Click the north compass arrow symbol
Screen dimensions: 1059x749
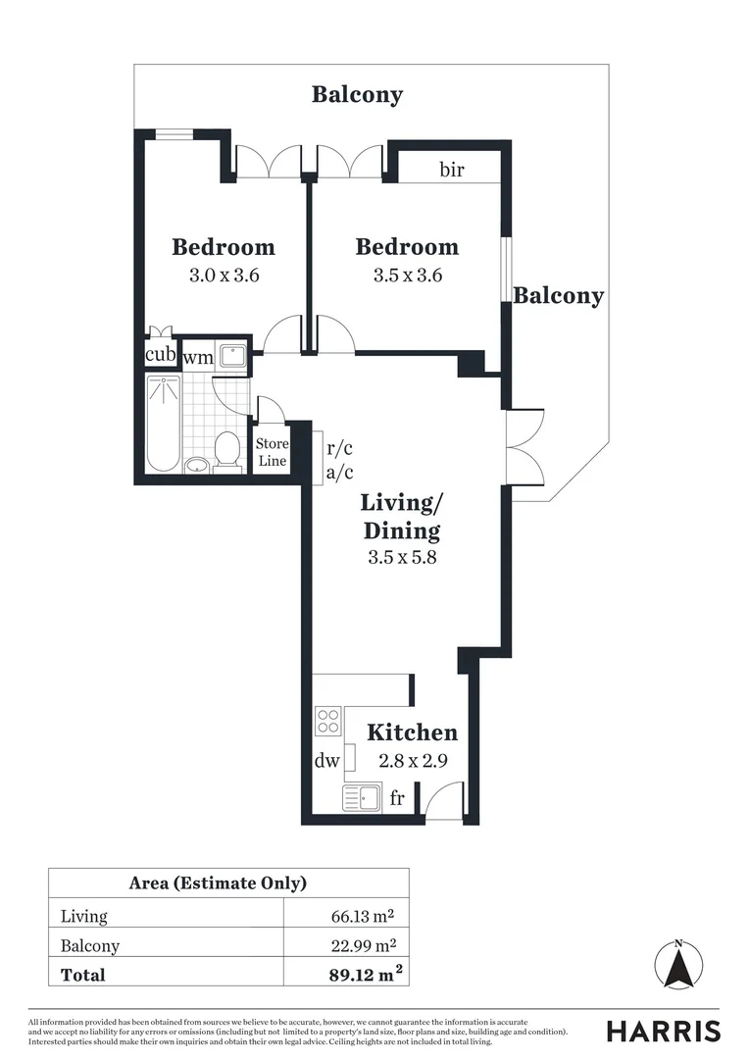(x=677, y=966)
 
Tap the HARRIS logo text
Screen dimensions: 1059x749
(x=663, y=1031)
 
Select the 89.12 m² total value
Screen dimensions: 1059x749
(x=368, y=975)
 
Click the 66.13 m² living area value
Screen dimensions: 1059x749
(x=364, y=916)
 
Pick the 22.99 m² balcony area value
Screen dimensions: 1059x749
(x=364, y=945)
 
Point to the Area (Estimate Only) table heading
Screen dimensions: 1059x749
(x=218, y=882)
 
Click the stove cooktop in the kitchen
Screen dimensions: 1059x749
(x=327, y=722)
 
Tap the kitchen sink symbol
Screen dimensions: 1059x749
(x=361, y=797)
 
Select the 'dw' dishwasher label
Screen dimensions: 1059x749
(x=327, y=761)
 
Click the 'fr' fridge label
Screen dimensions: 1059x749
(x=397, y=798)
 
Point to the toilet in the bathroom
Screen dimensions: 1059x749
(x=227, y=451)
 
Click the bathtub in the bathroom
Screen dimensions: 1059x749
(x=163, y=426)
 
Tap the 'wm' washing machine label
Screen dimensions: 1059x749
(x=199, y=357)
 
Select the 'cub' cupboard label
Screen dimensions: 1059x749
(x=160, y=354)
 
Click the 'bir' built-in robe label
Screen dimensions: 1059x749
(x=451, y=170)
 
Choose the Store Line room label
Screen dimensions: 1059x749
(x=273, y=452)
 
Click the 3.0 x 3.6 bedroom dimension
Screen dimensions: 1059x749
(x=224, y=276)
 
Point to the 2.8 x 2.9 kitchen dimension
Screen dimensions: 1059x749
(x=412, y=760)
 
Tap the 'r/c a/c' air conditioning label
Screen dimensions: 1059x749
(x=340, y=462)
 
